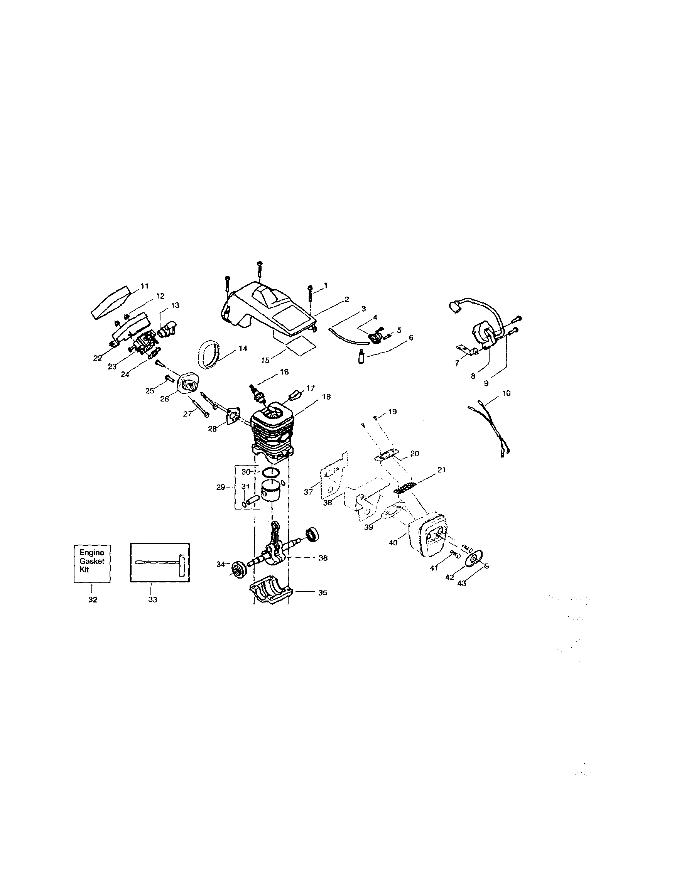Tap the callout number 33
click(x=152, y=600)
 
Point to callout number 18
click(x=326, y=397)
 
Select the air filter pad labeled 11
click(x=110, y=302)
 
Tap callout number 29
click(x=220, y=487)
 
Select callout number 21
click(x=441, y=470)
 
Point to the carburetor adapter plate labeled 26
click(x=187, y=386)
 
